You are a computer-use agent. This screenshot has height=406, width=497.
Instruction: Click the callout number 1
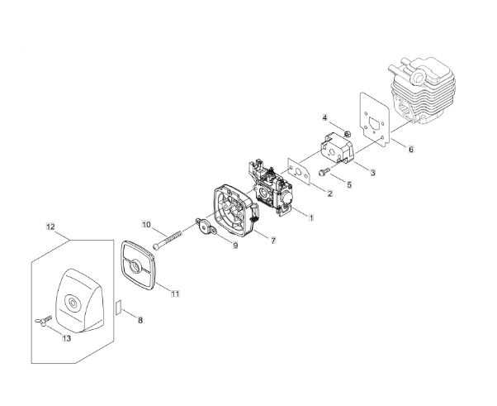coord(311,217)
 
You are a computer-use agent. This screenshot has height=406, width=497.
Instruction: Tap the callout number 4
coord(324,117)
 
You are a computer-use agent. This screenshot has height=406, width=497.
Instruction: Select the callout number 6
coord(411,149)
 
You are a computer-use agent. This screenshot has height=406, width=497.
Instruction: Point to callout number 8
coord(140,320)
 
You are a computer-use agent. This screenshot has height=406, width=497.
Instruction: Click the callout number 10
coord(146,225)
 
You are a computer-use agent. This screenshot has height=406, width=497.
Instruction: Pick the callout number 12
coord(50,227)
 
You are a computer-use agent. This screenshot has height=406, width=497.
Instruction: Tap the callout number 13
coord(67,338)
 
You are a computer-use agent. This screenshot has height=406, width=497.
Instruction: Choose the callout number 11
coord(175,294)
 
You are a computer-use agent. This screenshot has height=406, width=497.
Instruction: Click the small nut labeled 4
coord(347,134)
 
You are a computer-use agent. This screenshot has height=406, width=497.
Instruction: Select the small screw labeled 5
coord(324,172)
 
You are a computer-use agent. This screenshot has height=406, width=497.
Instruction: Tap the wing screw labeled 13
coord(43,321)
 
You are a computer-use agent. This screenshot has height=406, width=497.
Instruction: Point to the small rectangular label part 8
coord(119,307)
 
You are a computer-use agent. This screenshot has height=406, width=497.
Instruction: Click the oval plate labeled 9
coord(206,227)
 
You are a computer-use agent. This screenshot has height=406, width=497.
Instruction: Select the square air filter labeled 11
coord(138,265)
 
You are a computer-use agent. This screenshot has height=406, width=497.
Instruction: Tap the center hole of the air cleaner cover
coord(73,302)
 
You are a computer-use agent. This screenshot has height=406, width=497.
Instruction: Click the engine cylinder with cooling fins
coord(422,90)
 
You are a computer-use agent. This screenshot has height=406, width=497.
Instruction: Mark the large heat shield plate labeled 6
coord(374,120)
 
